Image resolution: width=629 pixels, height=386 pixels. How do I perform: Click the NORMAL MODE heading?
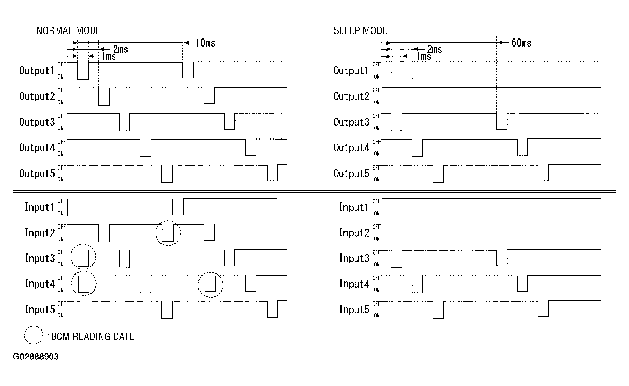pyautogui.click(x=68, y=31)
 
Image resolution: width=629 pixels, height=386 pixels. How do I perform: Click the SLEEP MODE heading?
pyautogui.click(x=360, y=31)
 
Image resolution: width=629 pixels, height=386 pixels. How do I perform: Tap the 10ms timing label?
pyautogui.click(x=205, y=43)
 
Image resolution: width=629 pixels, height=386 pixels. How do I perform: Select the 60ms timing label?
pyautogui.click(x=521, y=43)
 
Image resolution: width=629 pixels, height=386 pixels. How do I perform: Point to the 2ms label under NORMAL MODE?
pyautogui.click(x=120, y=49)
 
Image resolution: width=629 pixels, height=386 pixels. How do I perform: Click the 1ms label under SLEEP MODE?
pyautogui.click(x=424, y=56)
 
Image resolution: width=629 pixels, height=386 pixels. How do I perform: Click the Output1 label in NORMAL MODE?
pyautogui.click(x=37, y=71)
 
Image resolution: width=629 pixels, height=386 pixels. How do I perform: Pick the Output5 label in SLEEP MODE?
pyautogui.click(x=351, y=174)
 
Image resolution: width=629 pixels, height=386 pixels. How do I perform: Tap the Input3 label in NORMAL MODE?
pyautogui.click(x=39, y=258)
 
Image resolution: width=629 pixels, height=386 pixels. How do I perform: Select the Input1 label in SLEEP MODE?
pyautogui.click(x=354, y=207)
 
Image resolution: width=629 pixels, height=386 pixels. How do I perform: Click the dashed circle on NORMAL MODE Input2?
pyautogui.click(x=168, y=233)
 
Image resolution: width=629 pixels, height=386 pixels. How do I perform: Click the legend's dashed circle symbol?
pyautogui.click(x=34, y=335)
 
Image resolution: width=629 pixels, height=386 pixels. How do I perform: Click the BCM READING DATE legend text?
pyautogui.click(x=93, y=337)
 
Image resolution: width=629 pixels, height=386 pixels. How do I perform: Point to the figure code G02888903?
pyautogui.click(x=36, y=357)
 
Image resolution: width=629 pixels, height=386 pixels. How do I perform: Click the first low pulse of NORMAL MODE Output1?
pyautogui.click(x=83, y=71)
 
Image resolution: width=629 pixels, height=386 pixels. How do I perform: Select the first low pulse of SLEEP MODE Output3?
pyautogui.click(x=397, y=122)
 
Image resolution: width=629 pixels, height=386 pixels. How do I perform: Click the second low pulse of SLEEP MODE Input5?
pyautogui.click(x=543, y=309)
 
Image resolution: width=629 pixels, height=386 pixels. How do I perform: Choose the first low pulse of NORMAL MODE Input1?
pyautogui.click(x=72, y=208)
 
